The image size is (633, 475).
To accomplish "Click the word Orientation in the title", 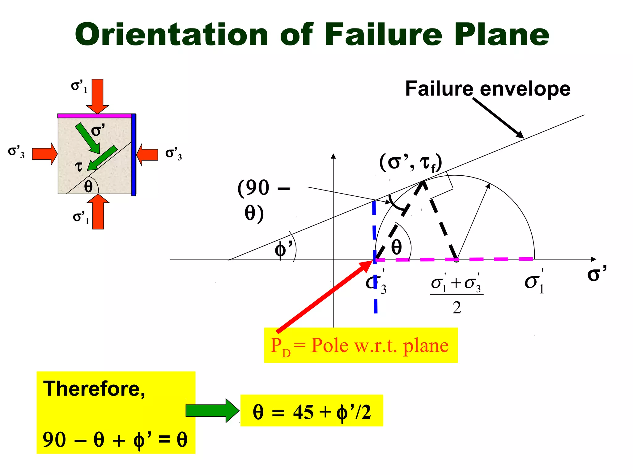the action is point(172,35).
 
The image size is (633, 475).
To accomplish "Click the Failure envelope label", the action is point(488,89).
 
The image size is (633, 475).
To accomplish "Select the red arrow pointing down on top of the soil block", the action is point(98,96).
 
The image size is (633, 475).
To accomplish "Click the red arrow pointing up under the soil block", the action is point(98,212).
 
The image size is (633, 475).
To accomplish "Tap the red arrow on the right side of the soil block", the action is point(147,155).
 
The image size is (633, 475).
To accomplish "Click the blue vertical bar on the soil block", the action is point(134,155).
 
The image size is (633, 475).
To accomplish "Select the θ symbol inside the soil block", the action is point(88,186).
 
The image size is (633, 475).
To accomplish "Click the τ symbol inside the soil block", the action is point(79,167).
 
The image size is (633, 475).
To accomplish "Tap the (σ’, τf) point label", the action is point(411,162).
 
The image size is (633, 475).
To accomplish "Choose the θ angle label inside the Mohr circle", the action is point(397,247).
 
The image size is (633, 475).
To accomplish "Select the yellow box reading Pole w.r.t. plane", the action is point(361,345).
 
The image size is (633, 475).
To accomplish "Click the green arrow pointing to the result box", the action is point(212,410).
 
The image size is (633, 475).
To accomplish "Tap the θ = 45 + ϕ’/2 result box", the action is point(312,410).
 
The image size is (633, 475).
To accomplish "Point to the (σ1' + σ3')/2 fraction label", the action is point(457,293).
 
